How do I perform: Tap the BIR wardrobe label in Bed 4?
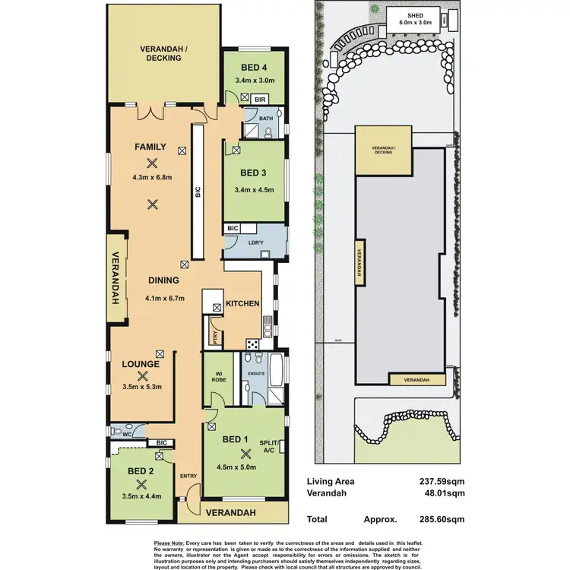(260, 100)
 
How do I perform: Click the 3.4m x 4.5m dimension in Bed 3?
(253, 191)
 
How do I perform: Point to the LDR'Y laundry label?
(255, 242)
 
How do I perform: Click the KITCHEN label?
(242, 304)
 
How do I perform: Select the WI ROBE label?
(216, 375)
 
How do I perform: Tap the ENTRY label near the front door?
(188, 476)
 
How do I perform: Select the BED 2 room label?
(141, 471)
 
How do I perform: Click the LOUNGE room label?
(141, 364)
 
